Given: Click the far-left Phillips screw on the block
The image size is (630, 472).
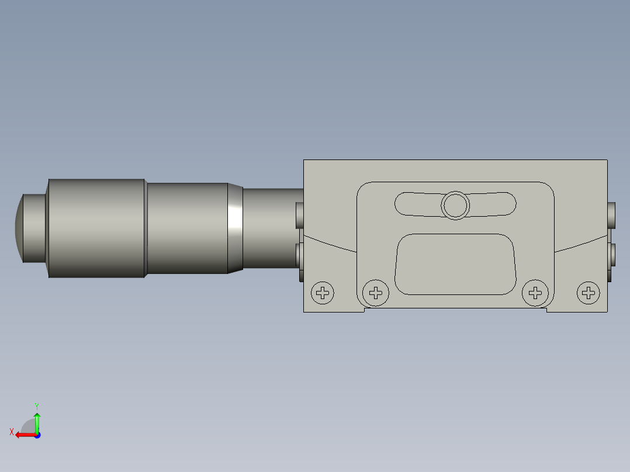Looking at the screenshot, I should [322, 293].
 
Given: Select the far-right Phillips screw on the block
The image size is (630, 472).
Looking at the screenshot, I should [589, 293].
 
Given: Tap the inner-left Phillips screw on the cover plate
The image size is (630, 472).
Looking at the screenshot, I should [376, 292].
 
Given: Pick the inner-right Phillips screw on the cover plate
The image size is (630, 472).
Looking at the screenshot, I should [534, 292].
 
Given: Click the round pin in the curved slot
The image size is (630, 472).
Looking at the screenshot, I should [455, 205].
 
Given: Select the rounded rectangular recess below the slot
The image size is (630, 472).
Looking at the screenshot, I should [455, 264].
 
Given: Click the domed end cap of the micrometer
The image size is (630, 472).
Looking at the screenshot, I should [19, 228].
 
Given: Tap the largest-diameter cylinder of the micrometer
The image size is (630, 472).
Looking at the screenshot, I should [96, 228].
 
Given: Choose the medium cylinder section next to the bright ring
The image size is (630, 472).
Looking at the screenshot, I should [187, 228].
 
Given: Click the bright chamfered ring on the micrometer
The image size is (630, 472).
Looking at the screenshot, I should [235, 228].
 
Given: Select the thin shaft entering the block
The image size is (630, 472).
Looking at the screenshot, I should [272, 228].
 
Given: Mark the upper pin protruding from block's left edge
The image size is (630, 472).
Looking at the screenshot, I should [300, 215].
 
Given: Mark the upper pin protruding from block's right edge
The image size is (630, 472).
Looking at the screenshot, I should [611, 215].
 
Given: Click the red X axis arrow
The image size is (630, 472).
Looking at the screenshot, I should [23, 435].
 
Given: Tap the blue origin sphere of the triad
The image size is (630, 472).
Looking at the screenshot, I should [37, 435].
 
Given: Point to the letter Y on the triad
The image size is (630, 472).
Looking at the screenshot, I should [36, 405].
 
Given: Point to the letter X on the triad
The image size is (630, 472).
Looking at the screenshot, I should [12, 432].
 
